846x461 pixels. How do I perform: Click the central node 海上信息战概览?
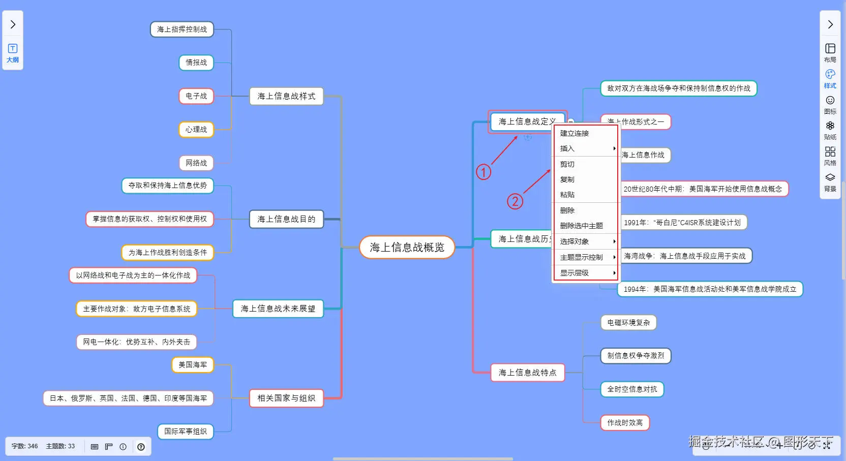(407, 248)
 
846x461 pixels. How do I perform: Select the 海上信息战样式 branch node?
(286, 96)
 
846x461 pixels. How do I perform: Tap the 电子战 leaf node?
(196, 96)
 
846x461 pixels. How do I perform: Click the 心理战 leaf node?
(196, 130)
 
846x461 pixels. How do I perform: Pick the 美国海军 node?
(193, 365)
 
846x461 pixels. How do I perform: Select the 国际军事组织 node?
(186, 432)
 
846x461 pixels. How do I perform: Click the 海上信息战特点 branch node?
(527, 373)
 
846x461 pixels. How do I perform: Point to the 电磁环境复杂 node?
(628, 323)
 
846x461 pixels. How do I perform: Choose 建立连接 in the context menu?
(575, 133)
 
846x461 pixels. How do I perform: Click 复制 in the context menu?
(567, 179)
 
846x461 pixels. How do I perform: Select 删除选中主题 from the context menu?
(582, 226)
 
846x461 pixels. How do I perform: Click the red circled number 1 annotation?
(484, 172)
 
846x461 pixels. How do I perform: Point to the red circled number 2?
(515, 202)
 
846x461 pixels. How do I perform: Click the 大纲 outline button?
(13, 53)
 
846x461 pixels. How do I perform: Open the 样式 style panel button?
(830, 79)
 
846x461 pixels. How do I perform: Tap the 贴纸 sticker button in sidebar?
(830, 130)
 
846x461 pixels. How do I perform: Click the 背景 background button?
(830, 182)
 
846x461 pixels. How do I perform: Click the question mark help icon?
(141, 447)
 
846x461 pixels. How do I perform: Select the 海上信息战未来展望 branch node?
(278, 309)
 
